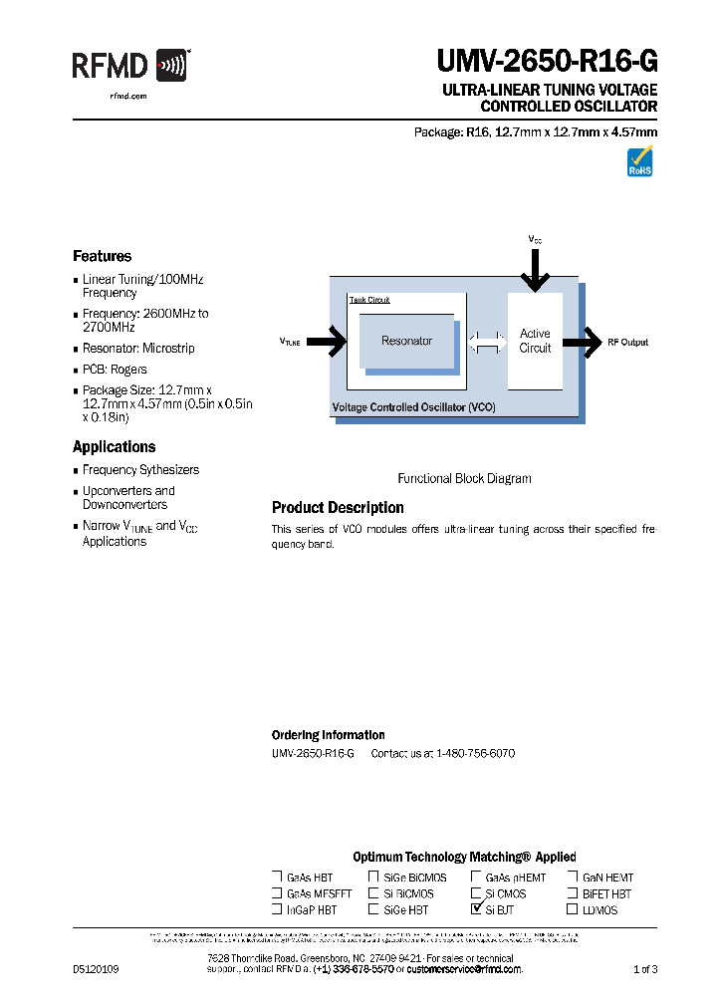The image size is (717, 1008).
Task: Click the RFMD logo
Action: pos(129,67)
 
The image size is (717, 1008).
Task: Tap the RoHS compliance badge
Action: pos(639,161)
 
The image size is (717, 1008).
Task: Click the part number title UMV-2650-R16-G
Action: pos(547,63)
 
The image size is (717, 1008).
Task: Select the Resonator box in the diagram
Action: pos(406,342)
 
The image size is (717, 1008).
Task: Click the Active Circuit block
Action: pos(535,341)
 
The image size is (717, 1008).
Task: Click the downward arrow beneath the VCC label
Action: pos(535,268)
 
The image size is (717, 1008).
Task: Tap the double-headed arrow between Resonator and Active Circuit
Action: pos(487,342)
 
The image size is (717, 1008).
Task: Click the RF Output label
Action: pos(627,342)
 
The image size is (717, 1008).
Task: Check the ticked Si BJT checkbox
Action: pos(476,908)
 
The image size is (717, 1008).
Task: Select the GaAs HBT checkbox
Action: pos(277,878)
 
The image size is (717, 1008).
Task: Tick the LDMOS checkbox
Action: pos(573,909)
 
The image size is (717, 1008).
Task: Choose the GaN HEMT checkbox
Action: pos(573,878)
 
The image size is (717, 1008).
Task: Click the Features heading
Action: pos(102,256)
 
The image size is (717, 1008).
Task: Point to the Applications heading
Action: pos(114,447)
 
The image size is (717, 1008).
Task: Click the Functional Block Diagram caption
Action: pos(464,478)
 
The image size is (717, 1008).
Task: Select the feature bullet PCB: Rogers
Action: pos(115,370)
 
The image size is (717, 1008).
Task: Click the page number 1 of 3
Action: pos(645,969)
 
